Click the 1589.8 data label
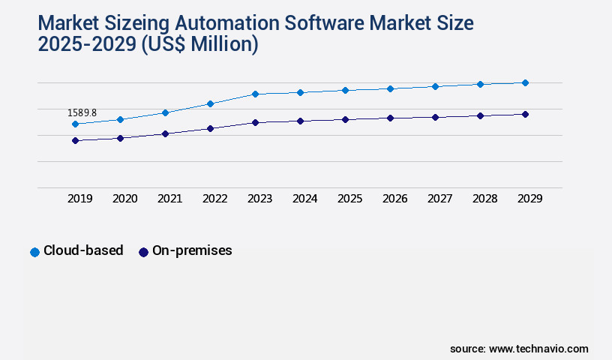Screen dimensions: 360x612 point(82,113)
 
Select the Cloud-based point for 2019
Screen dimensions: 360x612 point(75,124)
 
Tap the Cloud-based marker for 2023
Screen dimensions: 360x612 point(255,94)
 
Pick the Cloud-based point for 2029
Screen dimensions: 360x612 point(525,82)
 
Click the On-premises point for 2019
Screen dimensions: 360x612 point(75,140)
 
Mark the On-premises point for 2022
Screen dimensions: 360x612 point(210,128)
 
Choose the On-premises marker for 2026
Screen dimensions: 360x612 point(390,118)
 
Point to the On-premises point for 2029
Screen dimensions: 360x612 point(525,114)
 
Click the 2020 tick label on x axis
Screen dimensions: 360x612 point(124,199)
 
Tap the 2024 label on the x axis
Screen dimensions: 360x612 point(304,199)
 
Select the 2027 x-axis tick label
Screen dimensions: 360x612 point(439,199)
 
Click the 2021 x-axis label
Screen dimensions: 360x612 point(169,199)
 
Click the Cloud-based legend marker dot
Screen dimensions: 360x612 point(34,252)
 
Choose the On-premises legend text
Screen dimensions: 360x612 point(192,251)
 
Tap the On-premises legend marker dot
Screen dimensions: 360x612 point(143,252)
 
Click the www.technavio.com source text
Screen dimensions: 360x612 point(538,349)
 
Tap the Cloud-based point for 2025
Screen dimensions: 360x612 point(345,90)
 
